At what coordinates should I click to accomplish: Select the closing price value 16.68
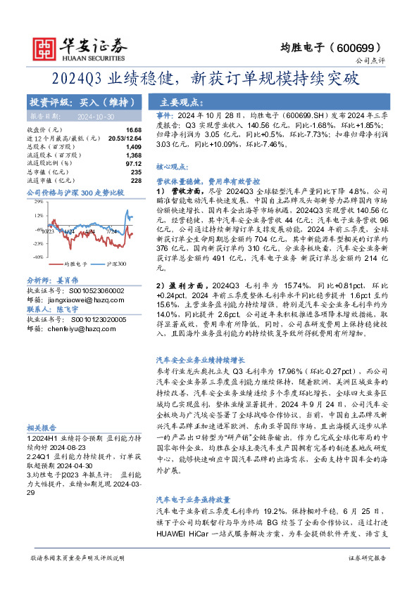point(133,131)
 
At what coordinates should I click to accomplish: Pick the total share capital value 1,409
point(133,147)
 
